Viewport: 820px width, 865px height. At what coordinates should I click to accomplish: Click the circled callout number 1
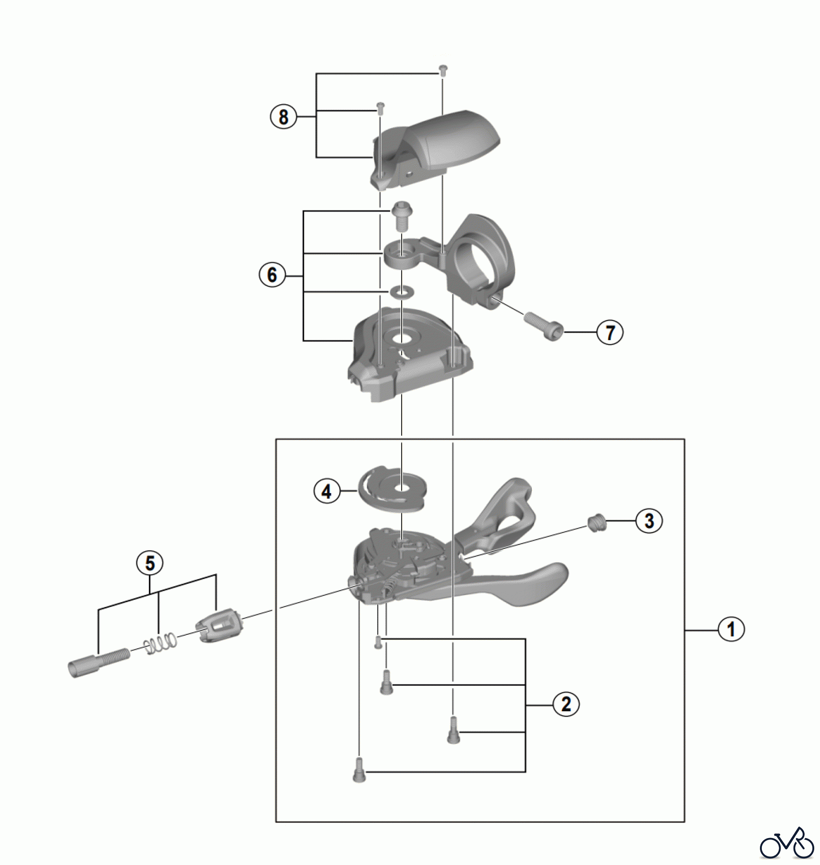click(731, 629)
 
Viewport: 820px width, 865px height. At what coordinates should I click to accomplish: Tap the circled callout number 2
click(566, 704)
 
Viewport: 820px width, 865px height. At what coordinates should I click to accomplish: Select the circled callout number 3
click(649, 520)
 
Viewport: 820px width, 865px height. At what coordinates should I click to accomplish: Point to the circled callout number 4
click(327, 491)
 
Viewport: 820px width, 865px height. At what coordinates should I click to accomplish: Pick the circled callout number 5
click(150, 563)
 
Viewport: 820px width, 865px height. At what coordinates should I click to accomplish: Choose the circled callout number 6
click(272, 275)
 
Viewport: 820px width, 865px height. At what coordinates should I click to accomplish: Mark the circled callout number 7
click(610, 332)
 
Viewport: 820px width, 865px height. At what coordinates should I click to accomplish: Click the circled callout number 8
click(283, 117)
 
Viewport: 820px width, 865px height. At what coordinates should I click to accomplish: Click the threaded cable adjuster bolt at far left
click(99, 662)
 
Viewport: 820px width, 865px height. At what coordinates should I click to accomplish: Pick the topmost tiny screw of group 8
click(443, 69)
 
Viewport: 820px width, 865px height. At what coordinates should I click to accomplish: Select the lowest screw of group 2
click(359, 769)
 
